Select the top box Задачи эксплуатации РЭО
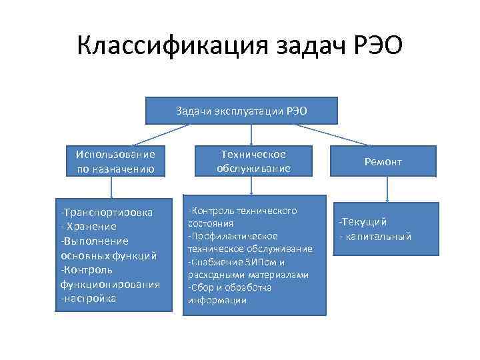click(241, 111)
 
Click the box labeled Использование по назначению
click(115, 162)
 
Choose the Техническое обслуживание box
click(253, 161)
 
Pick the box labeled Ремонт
click(383, 162)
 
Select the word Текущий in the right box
click(365, 222)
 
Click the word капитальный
click(378, 236)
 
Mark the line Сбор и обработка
click(231, 287)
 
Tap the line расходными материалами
click(248, 275)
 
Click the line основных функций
click(109, 255)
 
